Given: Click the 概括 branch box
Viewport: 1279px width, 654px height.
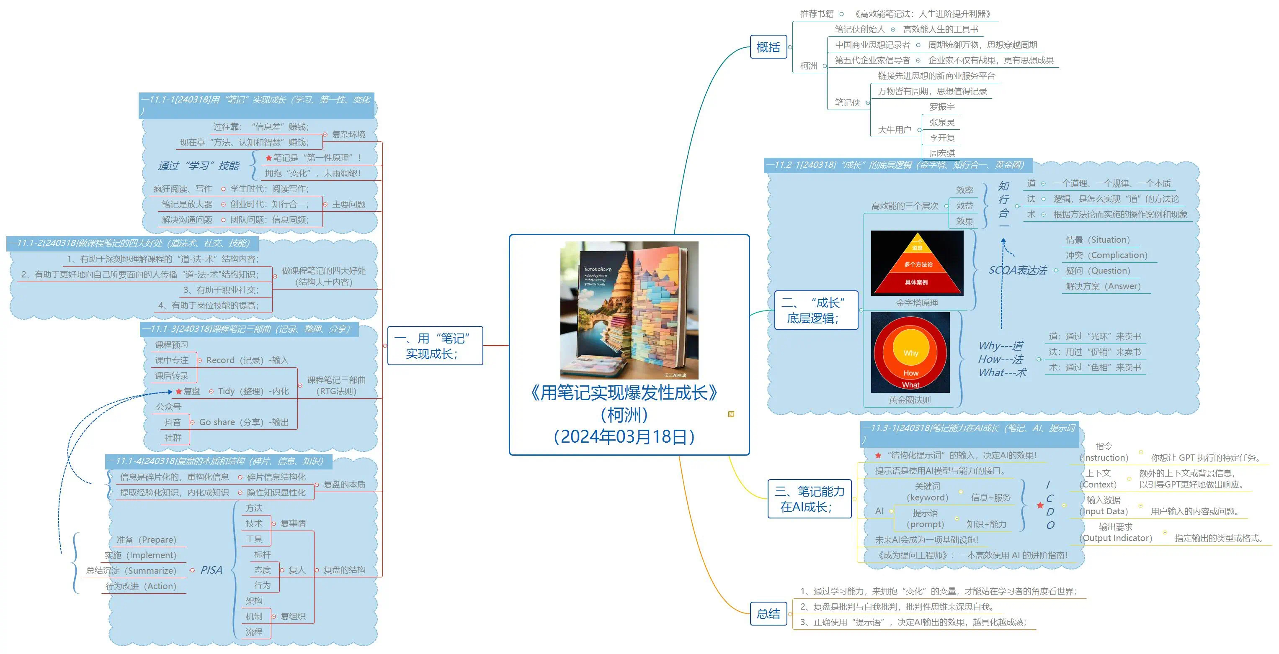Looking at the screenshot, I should [768, 47].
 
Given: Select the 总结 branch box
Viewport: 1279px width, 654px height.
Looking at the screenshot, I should [768, 614].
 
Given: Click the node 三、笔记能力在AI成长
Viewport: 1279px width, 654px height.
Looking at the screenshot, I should [809, 499].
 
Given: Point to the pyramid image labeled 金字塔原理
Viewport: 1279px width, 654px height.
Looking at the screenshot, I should [917, 263].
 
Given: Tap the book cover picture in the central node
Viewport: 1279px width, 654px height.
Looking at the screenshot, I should [629, 310].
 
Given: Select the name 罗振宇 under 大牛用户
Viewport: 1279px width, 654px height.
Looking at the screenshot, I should [941, 107].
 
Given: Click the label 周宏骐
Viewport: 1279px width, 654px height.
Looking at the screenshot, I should [941, 153].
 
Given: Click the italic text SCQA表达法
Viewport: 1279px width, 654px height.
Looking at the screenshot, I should [1017, 270].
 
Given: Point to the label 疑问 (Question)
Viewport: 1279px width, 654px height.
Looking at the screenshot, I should [1097, 271].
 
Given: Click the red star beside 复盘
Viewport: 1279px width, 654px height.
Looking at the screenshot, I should [179, 392].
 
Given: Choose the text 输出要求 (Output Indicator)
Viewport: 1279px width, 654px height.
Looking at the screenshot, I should [1116, 532].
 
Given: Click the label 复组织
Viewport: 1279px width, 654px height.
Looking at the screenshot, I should [293, 616].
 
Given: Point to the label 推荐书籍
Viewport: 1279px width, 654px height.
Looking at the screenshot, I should [817, 14].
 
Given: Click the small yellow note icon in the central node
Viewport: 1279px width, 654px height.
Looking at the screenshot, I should [731, 414].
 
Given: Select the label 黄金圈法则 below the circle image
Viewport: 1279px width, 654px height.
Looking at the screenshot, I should [910, 400].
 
